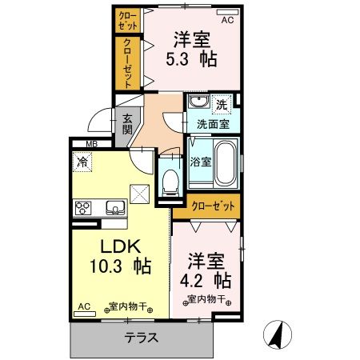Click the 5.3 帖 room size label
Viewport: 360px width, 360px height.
(191, 58)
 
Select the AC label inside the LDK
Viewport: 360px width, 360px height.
(85, 306)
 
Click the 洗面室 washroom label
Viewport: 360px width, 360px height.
(213, 124)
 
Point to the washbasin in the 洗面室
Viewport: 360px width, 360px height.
(198, 103)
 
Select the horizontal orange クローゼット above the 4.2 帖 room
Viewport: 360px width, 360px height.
(213, 206)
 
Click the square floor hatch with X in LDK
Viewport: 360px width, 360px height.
(140, 193)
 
